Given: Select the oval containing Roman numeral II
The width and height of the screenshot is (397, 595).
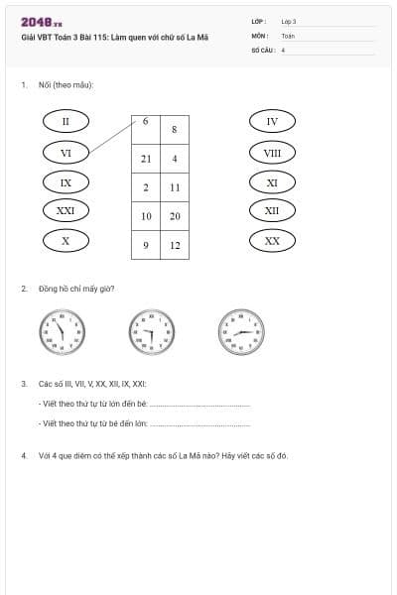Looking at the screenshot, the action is [66, 121].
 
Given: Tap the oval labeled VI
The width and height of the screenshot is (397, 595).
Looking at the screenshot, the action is [66, 152].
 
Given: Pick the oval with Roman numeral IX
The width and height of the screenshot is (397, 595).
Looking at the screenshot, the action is [66, 181].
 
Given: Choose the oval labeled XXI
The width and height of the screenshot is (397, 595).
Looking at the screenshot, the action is [66, 210].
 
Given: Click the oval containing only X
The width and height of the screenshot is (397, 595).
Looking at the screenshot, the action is [66, 240].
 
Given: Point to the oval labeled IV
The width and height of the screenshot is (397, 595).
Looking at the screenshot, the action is [272, 121].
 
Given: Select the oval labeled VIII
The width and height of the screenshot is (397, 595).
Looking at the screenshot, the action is [272, 152].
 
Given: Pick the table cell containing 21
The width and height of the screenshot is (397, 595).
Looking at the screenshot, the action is [146, 159].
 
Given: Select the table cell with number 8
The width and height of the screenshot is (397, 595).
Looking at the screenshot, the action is [174, 129].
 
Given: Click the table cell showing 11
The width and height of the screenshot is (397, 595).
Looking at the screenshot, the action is [174, 187].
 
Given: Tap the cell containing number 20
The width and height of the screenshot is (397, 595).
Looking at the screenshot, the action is [174, 216].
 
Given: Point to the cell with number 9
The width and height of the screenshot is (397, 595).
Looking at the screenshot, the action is [146, 245].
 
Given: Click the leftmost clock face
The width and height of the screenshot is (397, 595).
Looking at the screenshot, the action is [61, 331].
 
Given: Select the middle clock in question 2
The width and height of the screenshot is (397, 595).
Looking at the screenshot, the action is [150, 331].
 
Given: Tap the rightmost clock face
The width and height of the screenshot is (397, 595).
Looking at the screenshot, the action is [239, 331].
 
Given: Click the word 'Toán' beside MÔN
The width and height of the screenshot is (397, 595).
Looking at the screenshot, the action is [288, 34].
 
